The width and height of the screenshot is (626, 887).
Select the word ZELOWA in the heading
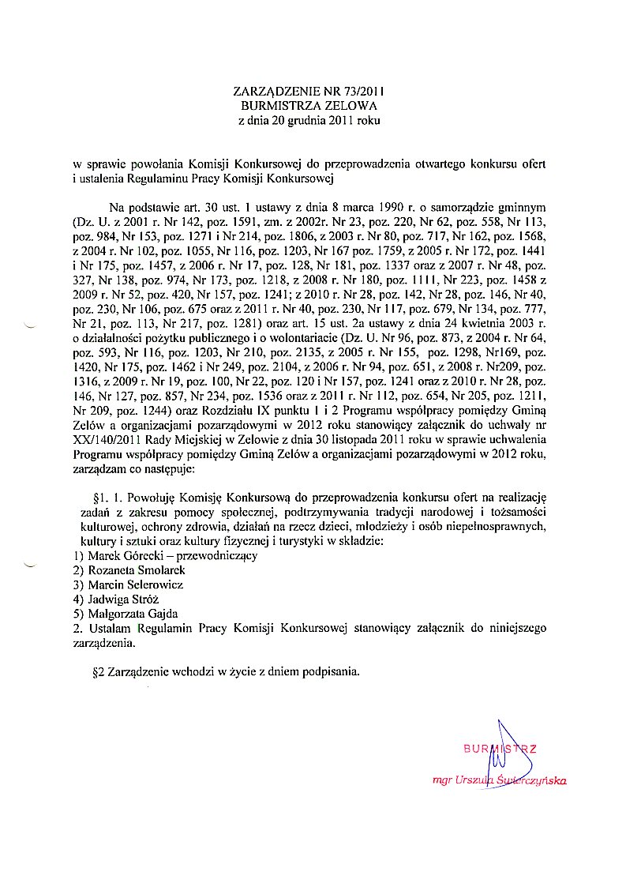coord(353,105)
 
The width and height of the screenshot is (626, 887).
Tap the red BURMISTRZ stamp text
coord(499,748)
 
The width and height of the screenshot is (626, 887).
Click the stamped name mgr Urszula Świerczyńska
coord(500,780)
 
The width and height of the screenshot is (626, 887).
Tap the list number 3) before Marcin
coord(77,584)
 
